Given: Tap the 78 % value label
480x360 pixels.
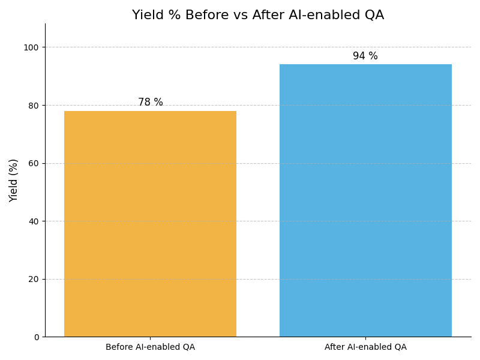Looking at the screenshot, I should pos(150,103).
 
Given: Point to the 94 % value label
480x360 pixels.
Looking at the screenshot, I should pos(365,56).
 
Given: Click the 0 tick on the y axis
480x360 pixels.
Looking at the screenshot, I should pos(35,337).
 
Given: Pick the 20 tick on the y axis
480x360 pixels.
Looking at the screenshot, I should pos(34,279).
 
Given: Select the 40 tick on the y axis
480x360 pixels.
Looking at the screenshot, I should pos(34,221).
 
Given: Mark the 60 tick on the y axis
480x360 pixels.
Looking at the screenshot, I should pos(34,163).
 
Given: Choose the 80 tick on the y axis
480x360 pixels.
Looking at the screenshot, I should pos(34,106).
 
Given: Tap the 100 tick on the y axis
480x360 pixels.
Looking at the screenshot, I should pos(31,47).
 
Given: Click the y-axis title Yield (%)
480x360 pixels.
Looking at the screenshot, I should pos(14,180).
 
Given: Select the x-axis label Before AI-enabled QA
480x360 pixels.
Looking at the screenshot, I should pos(150,347).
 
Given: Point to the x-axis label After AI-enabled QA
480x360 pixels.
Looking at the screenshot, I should pos(365,347).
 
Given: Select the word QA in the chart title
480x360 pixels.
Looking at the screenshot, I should pos(373,16).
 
